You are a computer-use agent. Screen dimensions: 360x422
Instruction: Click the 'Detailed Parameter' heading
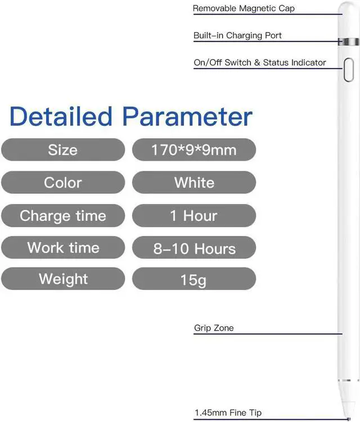(x=131, y=116)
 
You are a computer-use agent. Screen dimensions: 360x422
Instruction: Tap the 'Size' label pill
(x=63, y=149)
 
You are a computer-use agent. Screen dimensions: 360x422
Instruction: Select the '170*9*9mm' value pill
(x=194, y=149)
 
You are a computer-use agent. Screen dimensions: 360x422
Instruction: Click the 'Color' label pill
(x=63, y=183)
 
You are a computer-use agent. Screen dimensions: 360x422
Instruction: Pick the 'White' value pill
(x=194, y=183)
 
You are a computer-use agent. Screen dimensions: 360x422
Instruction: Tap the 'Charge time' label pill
(x=63, y=216)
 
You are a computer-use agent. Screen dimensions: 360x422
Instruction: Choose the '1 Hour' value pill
(x=194, y=216)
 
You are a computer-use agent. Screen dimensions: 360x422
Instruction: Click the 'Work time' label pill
(x=63, y=248)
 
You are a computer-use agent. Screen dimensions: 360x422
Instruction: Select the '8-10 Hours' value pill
(x=194, y=248)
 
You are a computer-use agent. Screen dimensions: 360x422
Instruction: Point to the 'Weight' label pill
(x=63, y=279)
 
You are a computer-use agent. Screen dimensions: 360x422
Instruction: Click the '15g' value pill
(x=194, y=279)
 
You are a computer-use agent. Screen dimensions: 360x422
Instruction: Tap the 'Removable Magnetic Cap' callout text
(x=244, y=8)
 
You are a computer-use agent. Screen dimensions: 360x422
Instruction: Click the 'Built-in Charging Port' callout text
(x=237, y=35)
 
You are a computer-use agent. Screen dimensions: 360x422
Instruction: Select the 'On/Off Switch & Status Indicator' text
(x=260, y=62)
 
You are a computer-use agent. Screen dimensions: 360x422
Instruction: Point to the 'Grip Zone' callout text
(x=214, y=328)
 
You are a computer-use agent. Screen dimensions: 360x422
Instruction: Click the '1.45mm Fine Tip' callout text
(x=228, y=413)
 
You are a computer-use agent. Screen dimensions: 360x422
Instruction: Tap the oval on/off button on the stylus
(x=349, y=70)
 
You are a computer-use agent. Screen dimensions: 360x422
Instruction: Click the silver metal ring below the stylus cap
(x=349, y=42)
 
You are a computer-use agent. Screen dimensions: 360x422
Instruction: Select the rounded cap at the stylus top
(x=349, y=20)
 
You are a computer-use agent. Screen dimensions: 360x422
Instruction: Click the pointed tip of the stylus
(x=349, y=419)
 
